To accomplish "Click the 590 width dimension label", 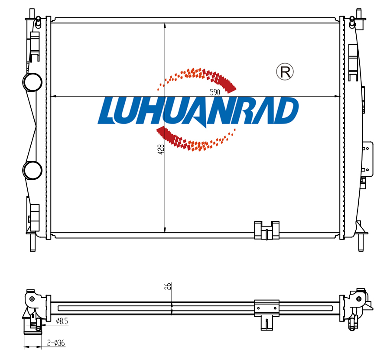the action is pyautogui.click(x=215, y=92).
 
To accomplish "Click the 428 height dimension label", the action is pyautogui.click(x=161, y=149).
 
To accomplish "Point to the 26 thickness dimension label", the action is pyautogui.click(x=168, y=286).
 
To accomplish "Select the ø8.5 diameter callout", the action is pyautogui.click(x=62, y=321).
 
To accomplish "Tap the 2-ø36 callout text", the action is pyautogui.click(x=56, y=343).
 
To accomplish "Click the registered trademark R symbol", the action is pyautogui.click(x=285, y=72).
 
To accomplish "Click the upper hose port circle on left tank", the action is pyautogui.click(x=32, y=82).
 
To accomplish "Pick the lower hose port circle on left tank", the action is pyautogui.click(x=32, y=170).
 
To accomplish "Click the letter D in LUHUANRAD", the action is pyautogui.click(x=285, y=110).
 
